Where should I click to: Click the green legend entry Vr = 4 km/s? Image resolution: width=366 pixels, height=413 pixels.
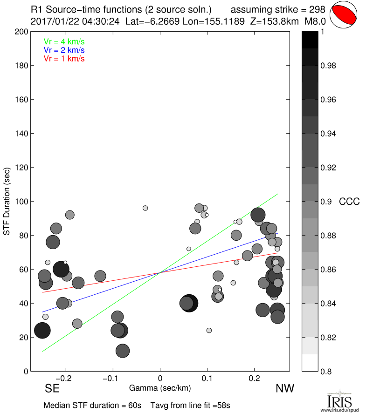[x=64, y=41]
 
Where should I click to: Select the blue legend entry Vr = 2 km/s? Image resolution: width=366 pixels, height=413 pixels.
[x=64, y=50]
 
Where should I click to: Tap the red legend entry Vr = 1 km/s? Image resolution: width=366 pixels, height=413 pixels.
[x=64, y=59]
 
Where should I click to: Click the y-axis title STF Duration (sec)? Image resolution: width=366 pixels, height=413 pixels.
[x=7, y=201]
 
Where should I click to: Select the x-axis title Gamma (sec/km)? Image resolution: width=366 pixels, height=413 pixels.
[x=160, y=388]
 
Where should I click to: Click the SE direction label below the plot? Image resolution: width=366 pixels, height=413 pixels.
[x=52, y=389]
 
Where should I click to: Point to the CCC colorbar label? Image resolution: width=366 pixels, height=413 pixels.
[x=349, y=202]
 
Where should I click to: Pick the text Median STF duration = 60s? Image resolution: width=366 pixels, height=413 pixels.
[x=92, y=405]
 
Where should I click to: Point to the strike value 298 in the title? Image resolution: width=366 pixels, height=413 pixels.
[x=317, y=9]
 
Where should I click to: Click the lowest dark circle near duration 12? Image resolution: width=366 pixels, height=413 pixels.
[x=123, y=351]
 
